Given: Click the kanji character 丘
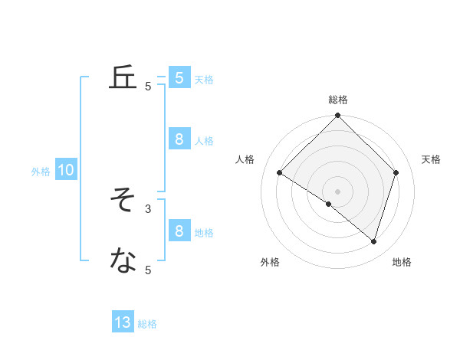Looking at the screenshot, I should click(x=123, y=78).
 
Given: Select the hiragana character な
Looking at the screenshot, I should click(x=123, y=261).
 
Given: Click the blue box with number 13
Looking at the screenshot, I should click(x=123, y=322).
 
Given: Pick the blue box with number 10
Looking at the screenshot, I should click(x=66, y=171).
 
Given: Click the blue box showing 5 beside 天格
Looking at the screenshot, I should click(x=179, y=77).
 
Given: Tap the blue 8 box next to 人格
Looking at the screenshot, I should click(x=179, y=139).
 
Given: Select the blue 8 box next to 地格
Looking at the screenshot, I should click(x=179, y=231).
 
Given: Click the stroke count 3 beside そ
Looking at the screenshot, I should click(x=148, y=208).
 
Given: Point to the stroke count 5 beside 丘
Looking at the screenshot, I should click(x=148, y=87).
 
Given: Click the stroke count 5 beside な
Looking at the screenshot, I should click(x=148, y=270).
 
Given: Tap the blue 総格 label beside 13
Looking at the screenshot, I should click(x=147, y=324).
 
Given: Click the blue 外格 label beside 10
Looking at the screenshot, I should click(x=41, y=172).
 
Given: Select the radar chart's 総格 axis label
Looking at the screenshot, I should click(x=338, y=100).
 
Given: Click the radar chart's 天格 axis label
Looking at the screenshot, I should click(x=432, y=159).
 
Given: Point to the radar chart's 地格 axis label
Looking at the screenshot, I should click(x=402, y=262).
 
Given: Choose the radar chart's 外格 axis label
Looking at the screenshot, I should click(x=270, y=262).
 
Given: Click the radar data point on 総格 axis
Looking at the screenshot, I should click(x=338, y=116).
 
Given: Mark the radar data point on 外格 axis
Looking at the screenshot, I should click(x=329, y=205).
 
